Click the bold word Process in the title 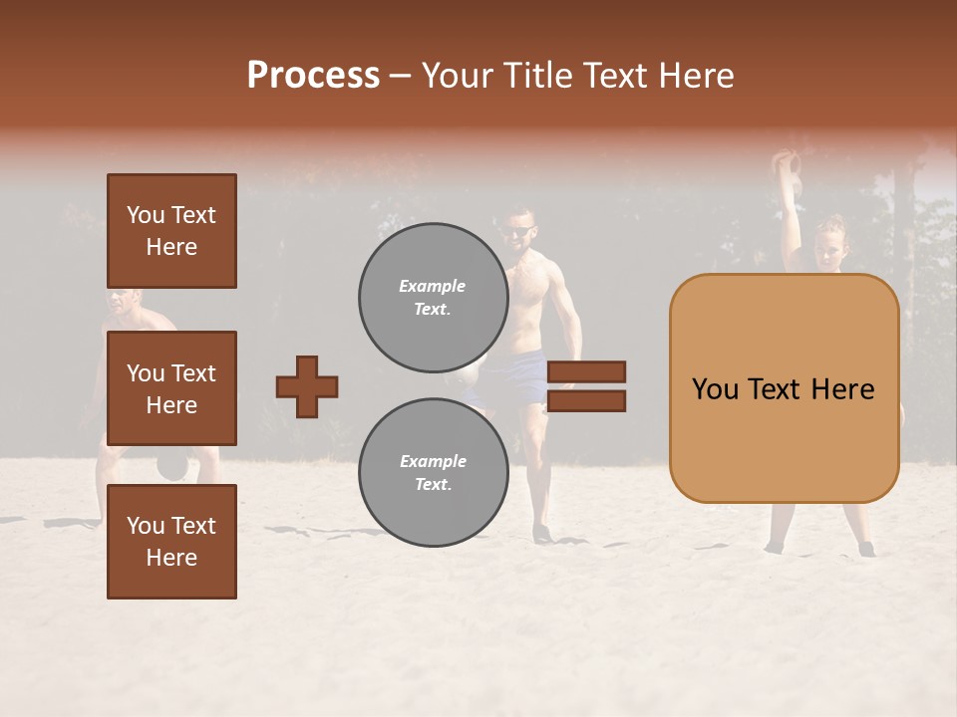(313, 76)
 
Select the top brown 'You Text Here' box (171, 231)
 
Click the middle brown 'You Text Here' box (171, 388)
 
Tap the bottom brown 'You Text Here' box (171, 542)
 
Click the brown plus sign (307, 386)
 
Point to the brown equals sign (586, 386)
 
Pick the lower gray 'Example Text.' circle (434, 472)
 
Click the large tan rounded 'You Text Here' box (784, 388)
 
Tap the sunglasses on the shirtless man (516, 232)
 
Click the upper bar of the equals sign (586, 372)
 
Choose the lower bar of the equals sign (586, 400)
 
